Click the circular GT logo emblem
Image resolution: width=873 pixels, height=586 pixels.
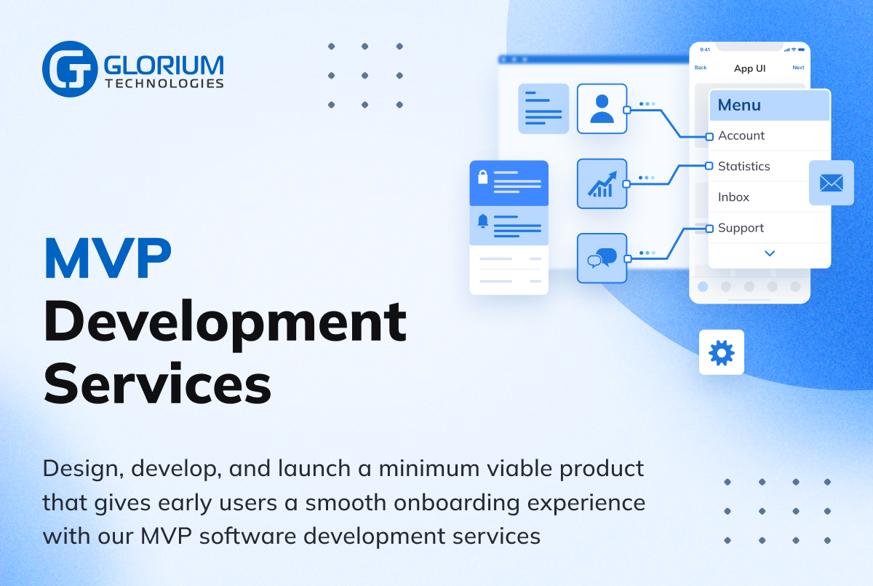pos(69,69)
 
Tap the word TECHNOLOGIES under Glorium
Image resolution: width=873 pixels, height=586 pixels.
pos(164,84)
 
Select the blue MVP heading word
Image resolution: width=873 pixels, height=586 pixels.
pos(108,258)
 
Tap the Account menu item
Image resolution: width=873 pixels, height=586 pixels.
pos(741,135)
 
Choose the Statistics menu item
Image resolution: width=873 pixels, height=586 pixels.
pos(744,166)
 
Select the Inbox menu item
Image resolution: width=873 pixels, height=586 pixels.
pos(733,197)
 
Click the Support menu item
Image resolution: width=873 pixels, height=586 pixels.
pos(741,228)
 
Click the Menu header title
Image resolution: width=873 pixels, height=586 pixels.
pos(739,106)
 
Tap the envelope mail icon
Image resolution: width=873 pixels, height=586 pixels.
pos(831,183)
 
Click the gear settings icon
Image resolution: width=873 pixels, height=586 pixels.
pos(722,353)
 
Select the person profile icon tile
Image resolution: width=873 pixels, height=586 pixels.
pos(602,108)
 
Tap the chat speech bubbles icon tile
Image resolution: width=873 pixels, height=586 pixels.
pos(602,258)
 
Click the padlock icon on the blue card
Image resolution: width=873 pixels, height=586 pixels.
pos(482,177)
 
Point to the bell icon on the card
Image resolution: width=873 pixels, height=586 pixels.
pos(482,221)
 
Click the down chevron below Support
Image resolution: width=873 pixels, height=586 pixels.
pos(770,253)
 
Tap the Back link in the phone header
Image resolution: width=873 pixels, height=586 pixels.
pos(701,68)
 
